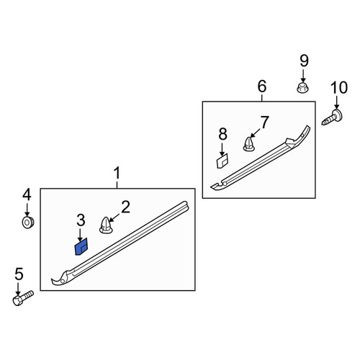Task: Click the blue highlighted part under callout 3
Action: (x=81, y=247)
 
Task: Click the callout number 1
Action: (x=117, y=174)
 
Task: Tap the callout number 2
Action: (x=125, y=207)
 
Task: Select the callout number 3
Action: (x=81, y=220)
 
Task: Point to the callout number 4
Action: (x=27, y=194)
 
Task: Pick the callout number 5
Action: (x=19, y=274)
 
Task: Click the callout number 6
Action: (x=262, y=86)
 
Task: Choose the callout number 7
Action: (x=265, y=122)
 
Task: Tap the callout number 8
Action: (x=222, y=134)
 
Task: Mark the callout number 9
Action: (x=304, y=60)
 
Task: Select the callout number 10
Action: (x=339, y=88)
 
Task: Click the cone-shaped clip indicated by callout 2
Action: (x=106, y=225)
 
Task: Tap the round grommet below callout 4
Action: (x=28, y=222)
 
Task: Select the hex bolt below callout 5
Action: (x=23, y=298)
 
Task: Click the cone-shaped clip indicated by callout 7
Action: (x=249, y=144)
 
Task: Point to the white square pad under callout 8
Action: (x=222, y=161)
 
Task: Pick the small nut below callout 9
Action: (x=302, y=88)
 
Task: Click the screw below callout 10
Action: (x=332, y=117)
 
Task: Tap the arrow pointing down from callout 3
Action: (x=81, y=235)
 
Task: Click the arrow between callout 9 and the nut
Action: (x=303, y=76)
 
